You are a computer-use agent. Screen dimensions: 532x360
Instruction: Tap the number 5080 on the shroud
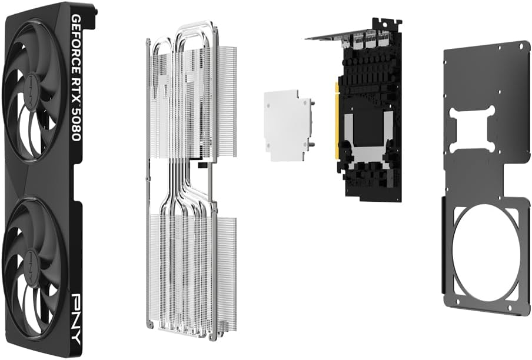tap(76, 124)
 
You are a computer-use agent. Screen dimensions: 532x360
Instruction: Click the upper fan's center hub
tap(33, 81)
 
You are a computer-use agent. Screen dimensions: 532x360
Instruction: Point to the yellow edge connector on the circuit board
tap(337, 121)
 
